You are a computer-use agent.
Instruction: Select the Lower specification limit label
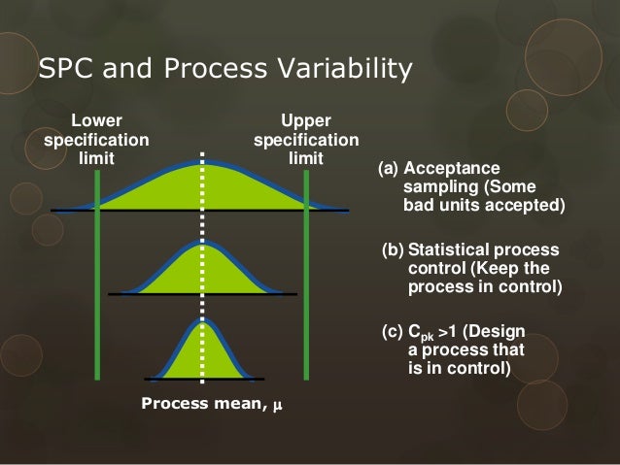click(x=96, y=139)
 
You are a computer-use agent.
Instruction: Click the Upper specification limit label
click(x=305, y=139)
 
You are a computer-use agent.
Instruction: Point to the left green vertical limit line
click(x=97, y=291)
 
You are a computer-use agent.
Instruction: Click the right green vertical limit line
click(x=306, y=291)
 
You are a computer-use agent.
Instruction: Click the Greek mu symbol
click(x=277, y=405)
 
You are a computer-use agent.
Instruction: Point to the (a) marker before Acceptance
click(x=388, y=169)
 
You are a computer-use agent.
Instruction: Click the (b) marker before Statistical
click(x=393, y=251)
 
